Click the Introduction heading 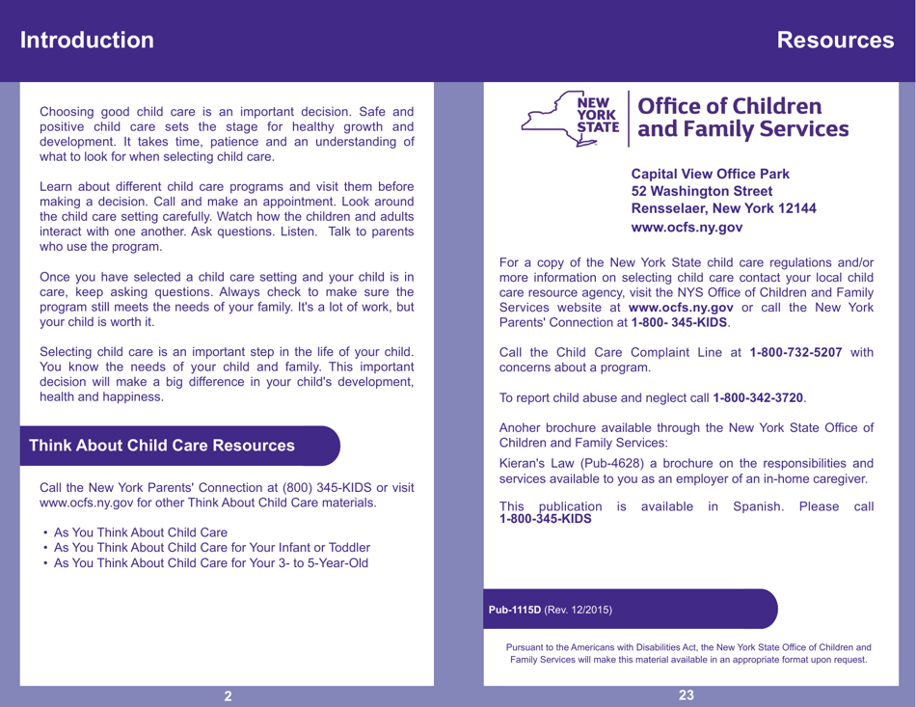coord(88,41)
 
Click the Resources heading coord(835,41)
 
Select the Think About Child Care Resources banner coord(162,447)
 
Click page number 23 coord(687,694)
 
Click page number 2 coord(228,695)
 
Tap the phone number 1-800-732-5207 coord(795,352)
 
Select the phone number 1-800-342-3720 coord(758,397)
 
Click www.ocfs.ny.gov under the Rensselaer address coord(686,228)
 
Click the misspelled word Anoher coord(524,427)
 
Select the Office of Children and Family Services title coord(738,117)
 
